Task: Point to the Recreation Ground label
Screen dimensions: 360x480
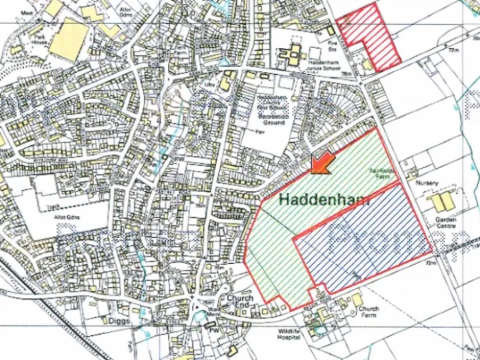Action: [x=273, y=119]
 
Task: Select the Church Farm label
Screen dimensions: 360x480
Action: [x=368, y=312]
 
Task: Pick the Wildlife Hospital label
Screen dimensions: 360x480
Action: [x=294, y=335]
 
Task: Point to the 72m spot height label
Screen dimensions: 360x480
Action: [x=429, y=263]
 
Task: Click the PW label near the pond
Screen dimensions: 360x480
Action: [x=214, y=329]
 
